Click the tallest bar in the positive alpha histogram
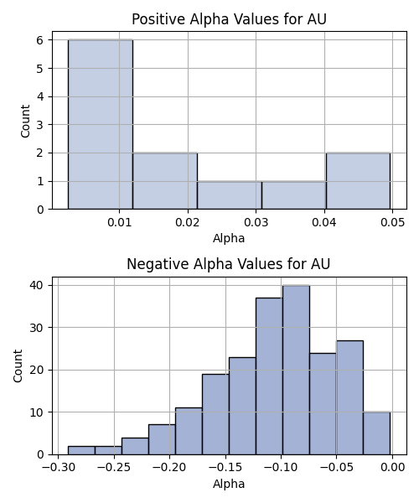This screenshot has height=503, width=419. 101,124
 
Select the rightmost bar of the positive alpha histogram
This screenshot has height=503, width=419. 358,181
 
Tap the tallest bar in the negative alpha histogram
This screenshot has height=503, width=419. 296,370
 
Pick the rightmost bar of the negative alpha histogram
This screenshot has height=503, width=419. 377,433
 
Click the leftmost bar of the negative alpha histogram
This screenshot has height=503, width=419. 81,450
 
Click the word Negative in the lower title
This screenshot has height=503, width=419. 157,264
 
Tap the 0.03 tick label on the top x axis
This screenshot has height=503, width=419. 256,222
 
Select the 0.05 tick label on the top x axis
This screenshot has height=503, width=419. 393,222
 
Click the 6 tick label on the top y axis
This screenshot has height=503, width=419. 40,40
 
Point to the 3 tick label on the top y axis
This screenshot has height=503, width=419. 40,125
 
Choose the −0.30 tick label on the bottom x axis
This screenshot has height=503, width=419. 59,467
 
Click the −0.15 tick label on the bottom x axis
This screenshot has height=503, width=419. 225,467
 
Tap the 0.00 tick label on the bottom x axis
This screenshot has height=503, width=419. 392,467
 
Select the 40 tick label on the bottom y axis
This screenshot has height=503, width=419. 36,285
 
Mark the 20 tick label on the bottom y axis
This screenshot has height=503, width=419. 36,370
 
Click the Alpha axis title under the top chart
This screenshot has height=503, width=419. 229,238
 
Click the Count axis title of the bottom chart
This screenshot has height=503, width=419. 18,366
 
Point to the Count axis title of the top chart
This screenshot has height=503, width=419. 25,121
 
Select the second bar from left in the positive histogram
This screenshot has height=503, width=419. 165,181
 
